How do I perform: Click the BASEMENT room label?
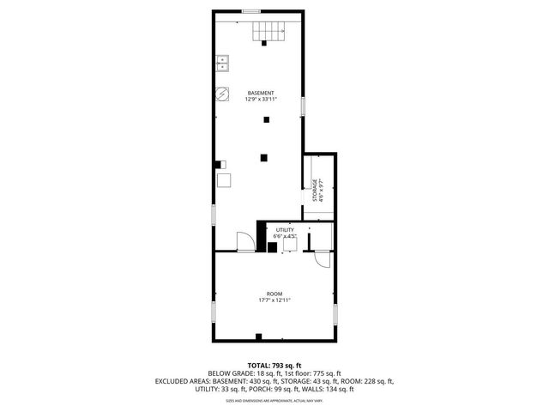(x=261, y=93)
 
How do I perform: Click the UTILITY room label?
(x=284, y=230)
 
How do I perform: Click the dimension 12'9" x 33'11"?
(x=261, y=100)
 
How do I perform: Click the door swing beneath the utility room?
(x=321, y=260)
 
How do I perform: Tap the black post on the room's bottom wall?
(x=258, y=336)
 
